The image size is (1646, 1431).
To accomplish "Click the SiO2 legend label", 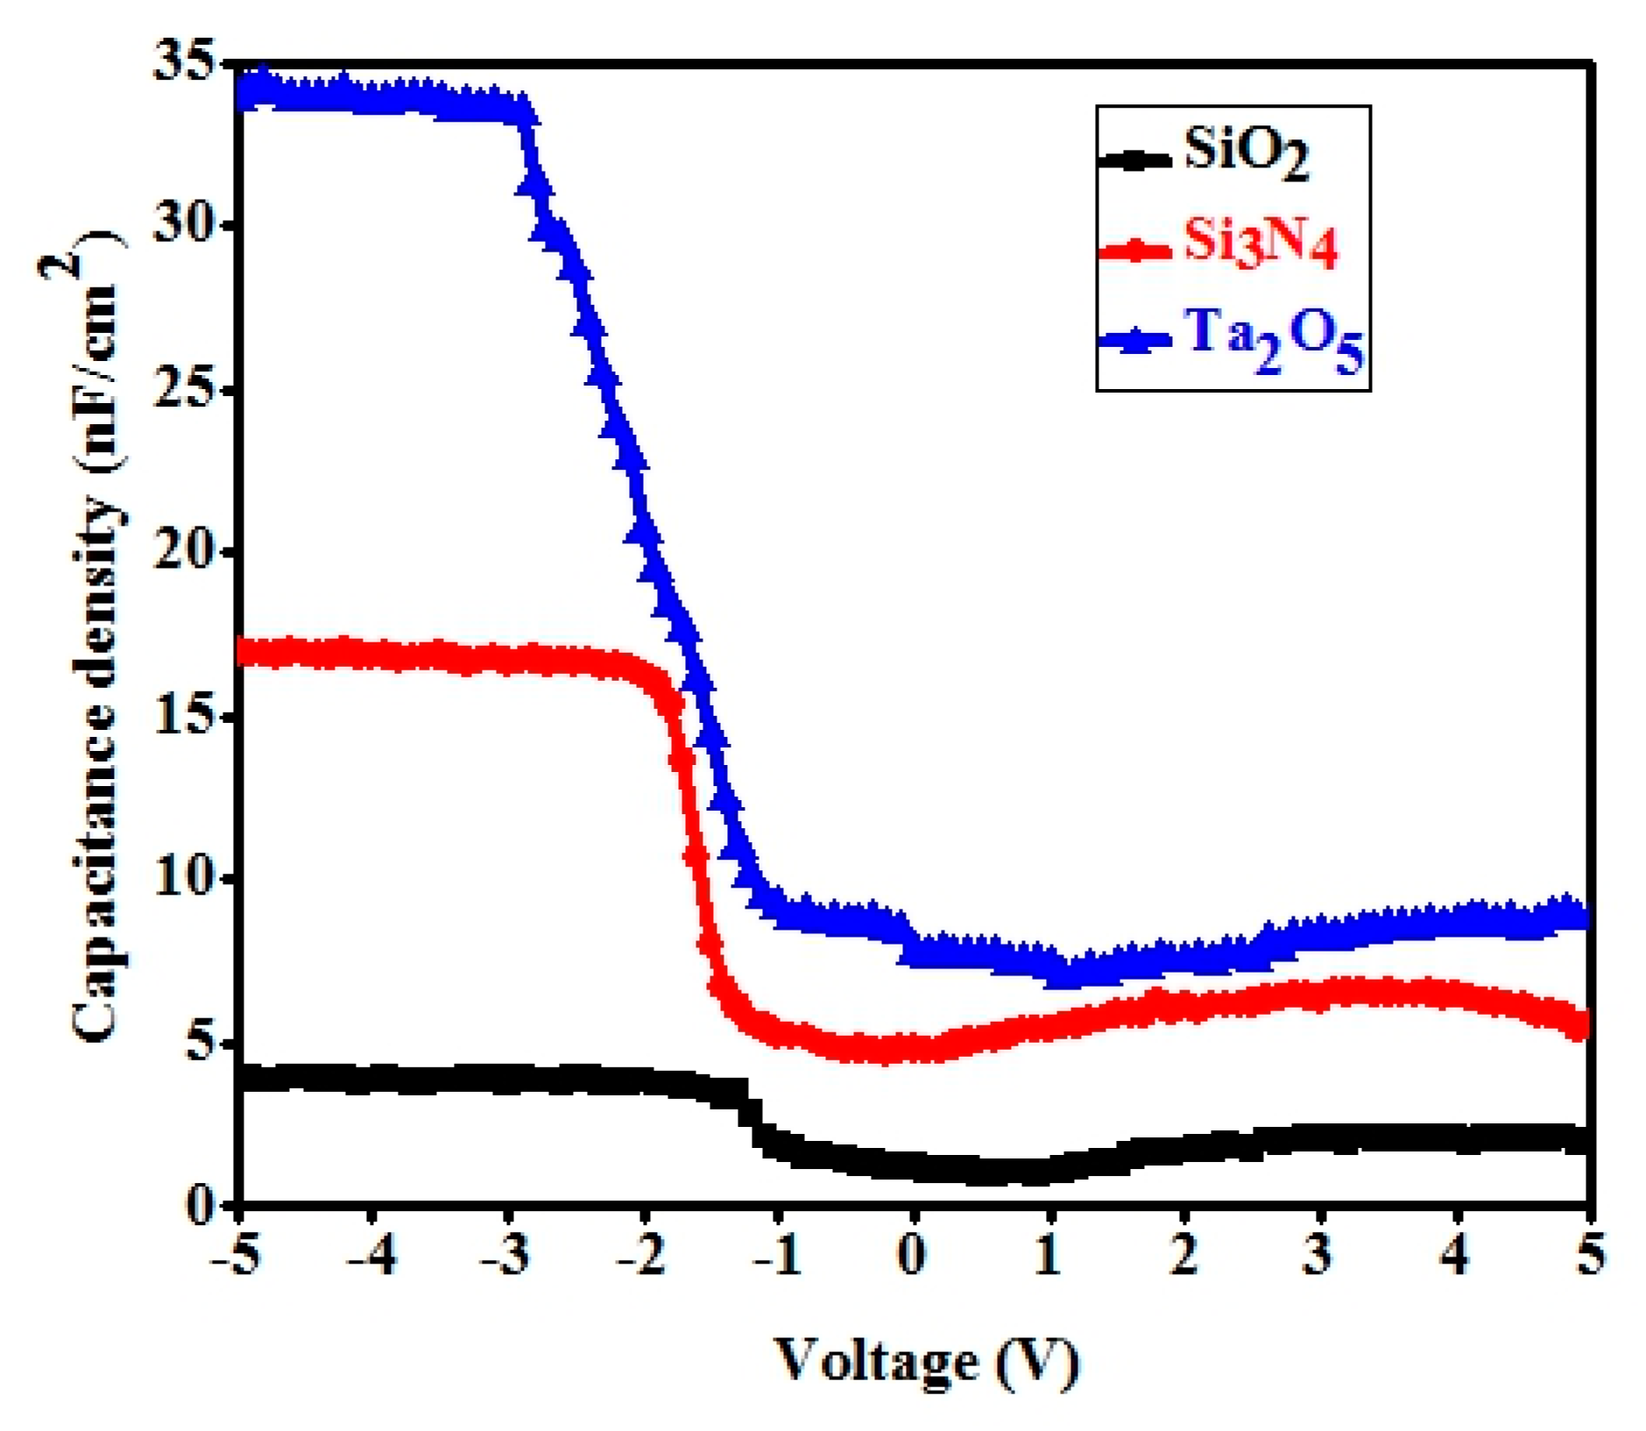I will tap(1245, 153).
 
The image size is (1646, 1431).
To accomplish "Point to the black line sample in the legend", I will tap(1134, 160).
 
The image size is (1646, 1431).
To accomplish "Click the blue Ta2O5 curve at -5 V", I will tap(246, 91).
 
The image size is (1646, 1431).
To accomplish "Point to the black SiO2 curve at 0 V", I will tap(913, 1167).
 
